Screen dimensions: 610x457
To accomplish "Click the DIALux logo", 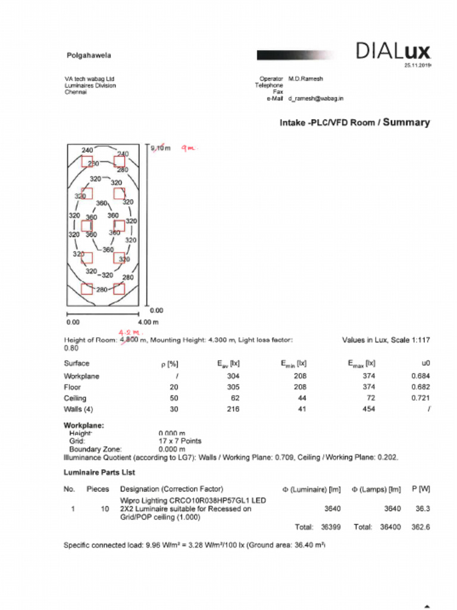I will point(392,52).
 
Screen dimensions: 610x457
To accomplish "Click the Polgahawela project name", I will point(88,55).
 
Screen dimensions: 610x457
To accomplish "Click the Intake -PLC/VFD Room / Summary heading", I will point(355,123).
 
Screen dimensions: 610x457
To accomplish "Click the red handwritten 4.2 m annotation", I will point(132,332).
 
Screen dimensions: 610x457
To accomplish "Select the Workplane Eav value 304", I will point(233,376).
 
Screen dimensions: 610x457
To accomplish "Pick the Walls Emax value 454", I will point(369,409).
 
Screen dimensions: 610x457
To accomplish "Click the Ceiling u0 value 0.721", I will point(420,398).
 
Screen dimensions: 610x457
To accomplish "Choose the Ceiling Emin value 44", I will point(300,398).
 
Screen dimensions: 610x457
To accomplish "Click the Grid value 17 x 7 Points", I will point(180,441).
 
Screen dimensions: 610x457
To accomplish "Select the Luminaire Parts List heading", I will point(99,472).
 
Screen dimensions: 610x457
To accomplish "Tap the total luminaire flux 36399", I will point(331,527).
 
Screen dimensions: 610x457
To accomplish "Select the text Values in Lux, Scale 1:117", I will point(386,340).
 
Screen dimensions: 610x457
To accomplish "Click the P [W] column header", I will point(421,489).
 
